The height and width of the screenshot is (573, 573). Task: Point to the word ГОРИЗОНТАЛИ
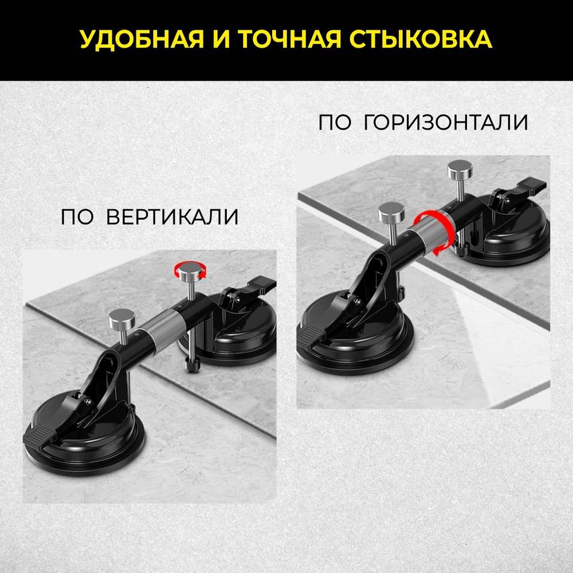(446, 123)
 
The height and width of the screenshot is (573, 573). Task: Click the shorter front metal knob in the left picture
(120, 316)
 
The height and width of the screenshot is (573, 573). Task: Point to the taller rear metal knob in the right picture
(460, 170)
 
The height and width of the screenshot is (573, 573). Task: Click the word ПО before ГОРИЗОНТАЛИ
(334, 123)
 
